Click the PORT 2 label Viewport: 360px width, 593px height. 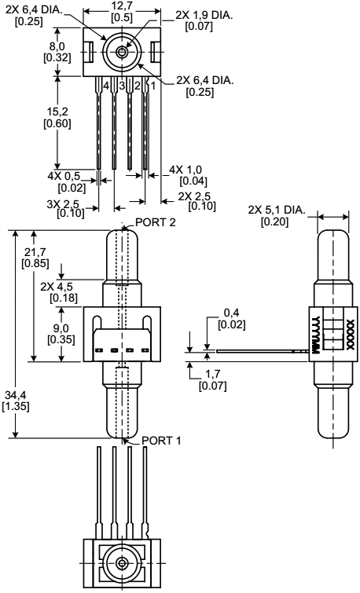[158, 222]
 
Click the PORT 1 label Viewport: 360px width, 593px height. [162, 441]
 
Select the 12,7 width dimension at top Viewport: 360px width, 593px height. [121, 5]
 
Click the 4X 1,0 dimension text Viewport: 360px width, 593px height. [186, 170]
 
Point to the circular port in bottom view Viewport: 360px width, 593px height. [122, 562]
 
